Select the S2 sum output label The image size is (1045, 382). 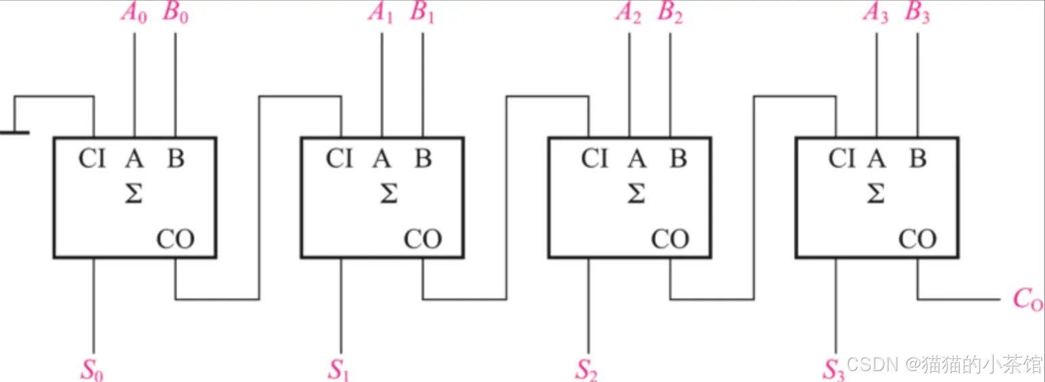tap(586, 369)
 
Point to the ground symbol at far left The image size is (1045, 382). tap(14, 132)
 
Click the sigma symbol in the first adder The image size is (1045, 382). tap(134, 194)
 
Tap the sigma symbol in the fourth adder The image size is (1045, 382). tap(876, 194)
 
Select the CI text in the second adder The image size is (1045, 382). tap(340, 159)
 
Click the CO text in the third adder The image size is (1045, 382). tap(670, 239)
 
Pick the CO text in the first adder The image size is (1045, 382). tap(175, 239)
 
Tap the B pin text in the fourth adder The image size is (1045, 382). tap(918, 159)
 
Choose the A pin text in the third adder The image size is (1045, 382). tap(636, 159)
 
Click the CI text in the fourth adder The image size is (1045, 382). tap(842, 159)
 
